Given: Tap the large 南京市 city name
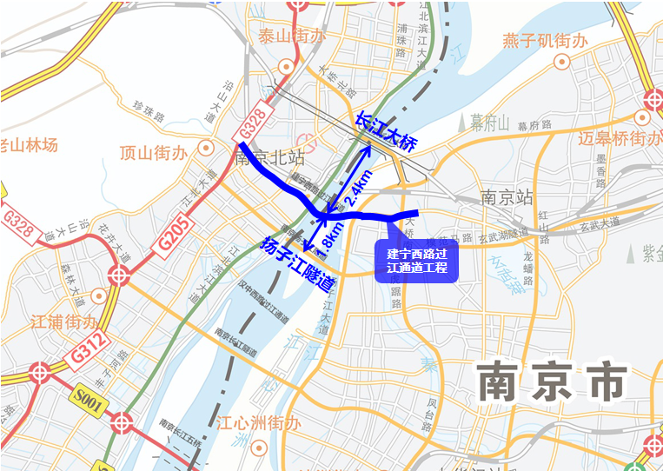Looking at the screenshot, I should pos(552,382).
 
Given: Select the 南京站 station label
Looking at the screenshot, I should pos(506,197).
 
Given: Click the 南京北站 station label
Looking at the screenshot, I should pos(269,158).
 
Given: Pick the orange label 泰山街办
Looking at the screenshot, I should pos(290,36).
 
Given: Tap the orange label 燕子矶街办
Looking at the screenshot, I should pos(545,41).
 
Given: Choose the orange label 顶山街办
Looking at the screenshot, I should pos(153,154).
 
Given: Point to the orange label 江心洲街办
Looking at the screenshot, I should pos(258,424).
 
